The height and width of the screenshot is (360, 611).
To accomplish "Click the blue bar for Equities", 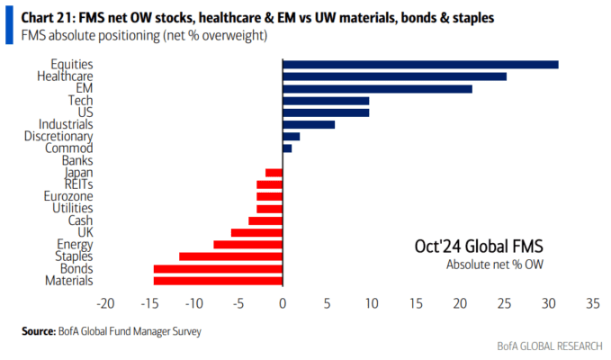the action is (420, 65).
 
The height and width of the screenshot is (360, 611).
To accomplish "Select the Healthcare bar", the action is (395, 76).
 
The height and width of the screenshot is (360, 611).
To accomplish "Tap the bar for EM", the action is (378, 89).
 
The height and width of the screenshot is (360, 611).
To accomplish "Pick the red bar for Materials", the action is (218, 281).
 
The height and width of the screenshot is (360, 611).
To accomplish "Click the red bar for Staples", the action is (231, 256).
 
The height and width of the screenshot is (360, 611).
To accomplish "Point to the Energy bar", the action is (248, 245).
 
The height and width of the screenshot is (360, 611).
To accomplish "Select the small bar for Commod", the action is (287, 148).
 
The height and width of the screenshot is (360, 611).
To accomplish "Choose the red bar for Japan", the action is (274, 173).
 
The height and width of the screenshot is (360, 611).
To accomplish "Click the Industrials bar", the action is (309, 125).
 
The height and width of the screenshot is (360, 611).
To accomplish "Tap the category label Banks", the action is (77, 160).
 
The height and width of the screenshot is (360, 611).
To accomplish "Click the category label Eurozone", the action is (68, 196).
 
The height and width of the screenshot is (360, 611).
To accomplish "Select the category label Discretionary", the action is (58, 137).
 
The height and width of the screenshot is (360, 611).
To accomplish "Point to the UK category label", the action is (85, 232).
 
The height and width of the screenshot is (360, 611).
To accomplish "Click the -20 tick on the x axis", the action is (105, 303).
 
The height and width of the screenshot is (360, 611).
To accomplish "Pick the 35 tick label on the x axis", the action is (593, 303).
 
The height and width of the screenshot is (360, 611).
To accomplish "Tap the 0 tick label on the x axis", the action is (283, 303).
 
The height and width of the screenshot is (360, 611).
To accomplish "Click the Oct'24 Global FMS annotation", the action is (479, 247).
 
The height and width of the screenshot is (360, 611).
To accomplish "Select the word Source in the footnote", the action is (39, 331).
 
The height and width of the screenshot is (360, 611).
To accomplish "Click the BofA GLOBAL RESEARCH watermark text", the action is (550, 346).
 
